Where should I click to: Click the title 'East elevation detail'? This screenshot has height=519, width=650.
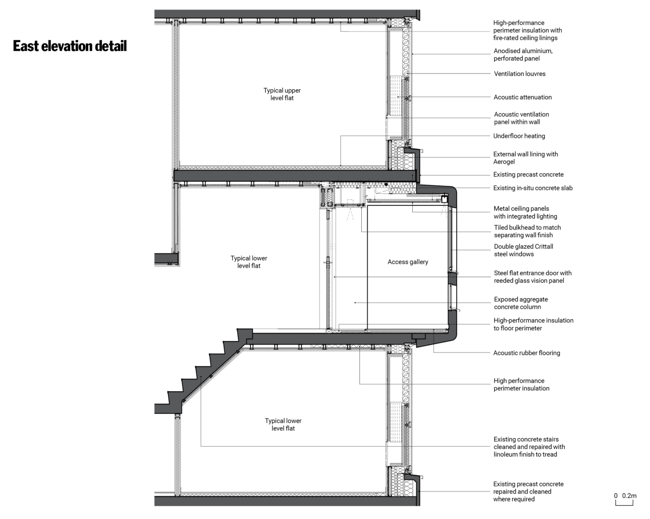tap(70, 46)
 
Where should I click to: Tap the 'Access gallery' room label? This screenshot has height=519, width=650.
tap(408, 262)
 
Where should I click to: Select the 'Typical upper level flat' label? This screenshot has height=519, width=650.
tap(282, 94)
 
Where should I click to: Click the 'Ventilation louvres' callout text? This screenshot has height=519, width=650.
tap(519, 74)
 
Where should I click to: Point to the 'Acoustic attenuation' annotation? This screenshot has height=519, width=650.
tap(523, 97)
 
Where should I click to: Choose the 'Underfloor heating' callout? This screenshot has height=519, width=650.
tap(519, 136)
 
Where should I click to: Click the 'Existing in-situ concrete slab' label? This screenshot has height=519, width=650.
tap(533, 188)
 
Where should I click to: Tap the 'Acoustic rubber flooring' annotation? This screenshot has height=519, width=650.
tap(526, 353)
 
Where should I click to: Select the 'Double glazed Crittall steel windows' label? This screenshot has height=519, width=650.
tap(524, 250)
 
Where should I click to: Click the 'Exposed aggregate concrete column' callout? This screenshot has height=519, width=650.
tap(521, 303)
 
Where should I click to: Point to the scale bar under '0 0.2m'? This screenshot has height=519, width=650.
tap(624, 503)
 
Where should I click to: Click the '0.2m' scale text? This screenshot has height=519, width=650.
tap(629, 496)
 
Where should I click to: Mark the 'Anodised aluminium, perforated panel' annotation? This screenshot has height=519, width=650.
tap(523, 55)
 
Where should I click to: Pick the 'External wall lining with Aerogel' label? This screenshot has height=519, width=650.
tap(525, 158)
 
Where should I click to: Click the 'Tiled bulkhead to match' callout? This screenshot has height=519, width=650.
tap(527, 227)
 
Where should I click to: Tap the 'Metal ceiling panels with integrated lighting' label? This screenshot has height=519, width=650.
tap(525, 212)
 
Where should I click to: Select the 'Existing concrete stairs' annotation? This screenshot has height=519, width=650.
tap(526, 439)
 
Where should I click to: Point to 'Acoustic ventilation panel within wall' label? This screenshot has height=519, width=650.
tap(521, 118)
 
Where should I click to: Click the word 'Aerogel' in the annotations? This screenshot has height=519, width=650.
tap(504, 162)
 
